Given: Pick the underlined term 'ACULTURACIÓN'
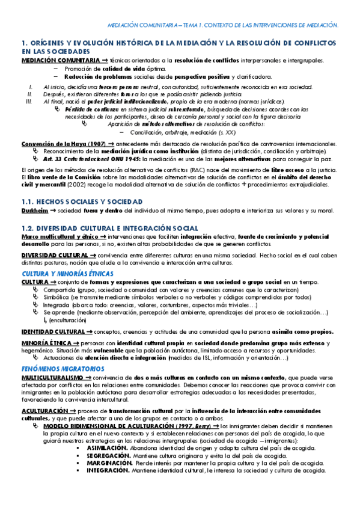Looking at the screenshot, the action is point(43,410).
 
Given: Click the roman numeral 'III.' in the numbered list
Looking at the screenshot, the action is point(27,102).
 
